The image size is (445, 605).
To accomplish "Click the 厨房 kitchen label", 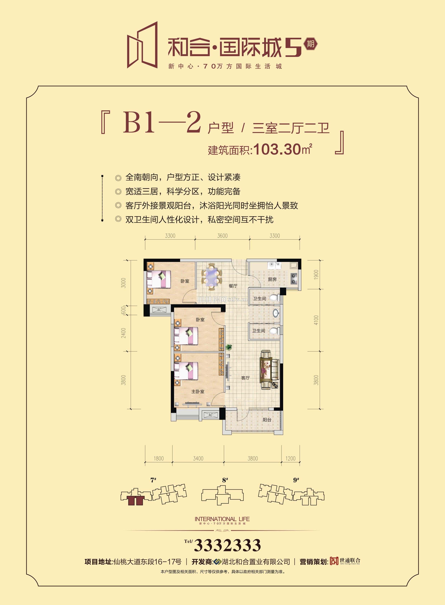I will click(x=272, y=279).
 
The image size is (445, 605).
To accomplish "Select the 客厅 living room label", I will click(x=245, y=378).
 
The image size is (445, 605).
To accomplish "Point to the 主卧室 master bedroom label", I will click(x=198, y=391).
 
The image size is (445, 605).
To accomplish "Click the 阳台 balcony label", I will click(x=267, y=420).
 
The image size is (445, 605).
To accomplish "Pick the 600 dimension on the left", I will click(x=124, y=310).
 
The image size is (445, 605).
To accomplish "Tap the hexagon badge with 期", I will click(x=311, y=44).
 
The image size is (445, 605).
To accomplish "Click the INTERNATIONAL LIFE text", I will click(x=222, y=519).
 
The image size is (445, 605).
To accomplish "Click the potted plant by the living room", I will click(x=229, y=347).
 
